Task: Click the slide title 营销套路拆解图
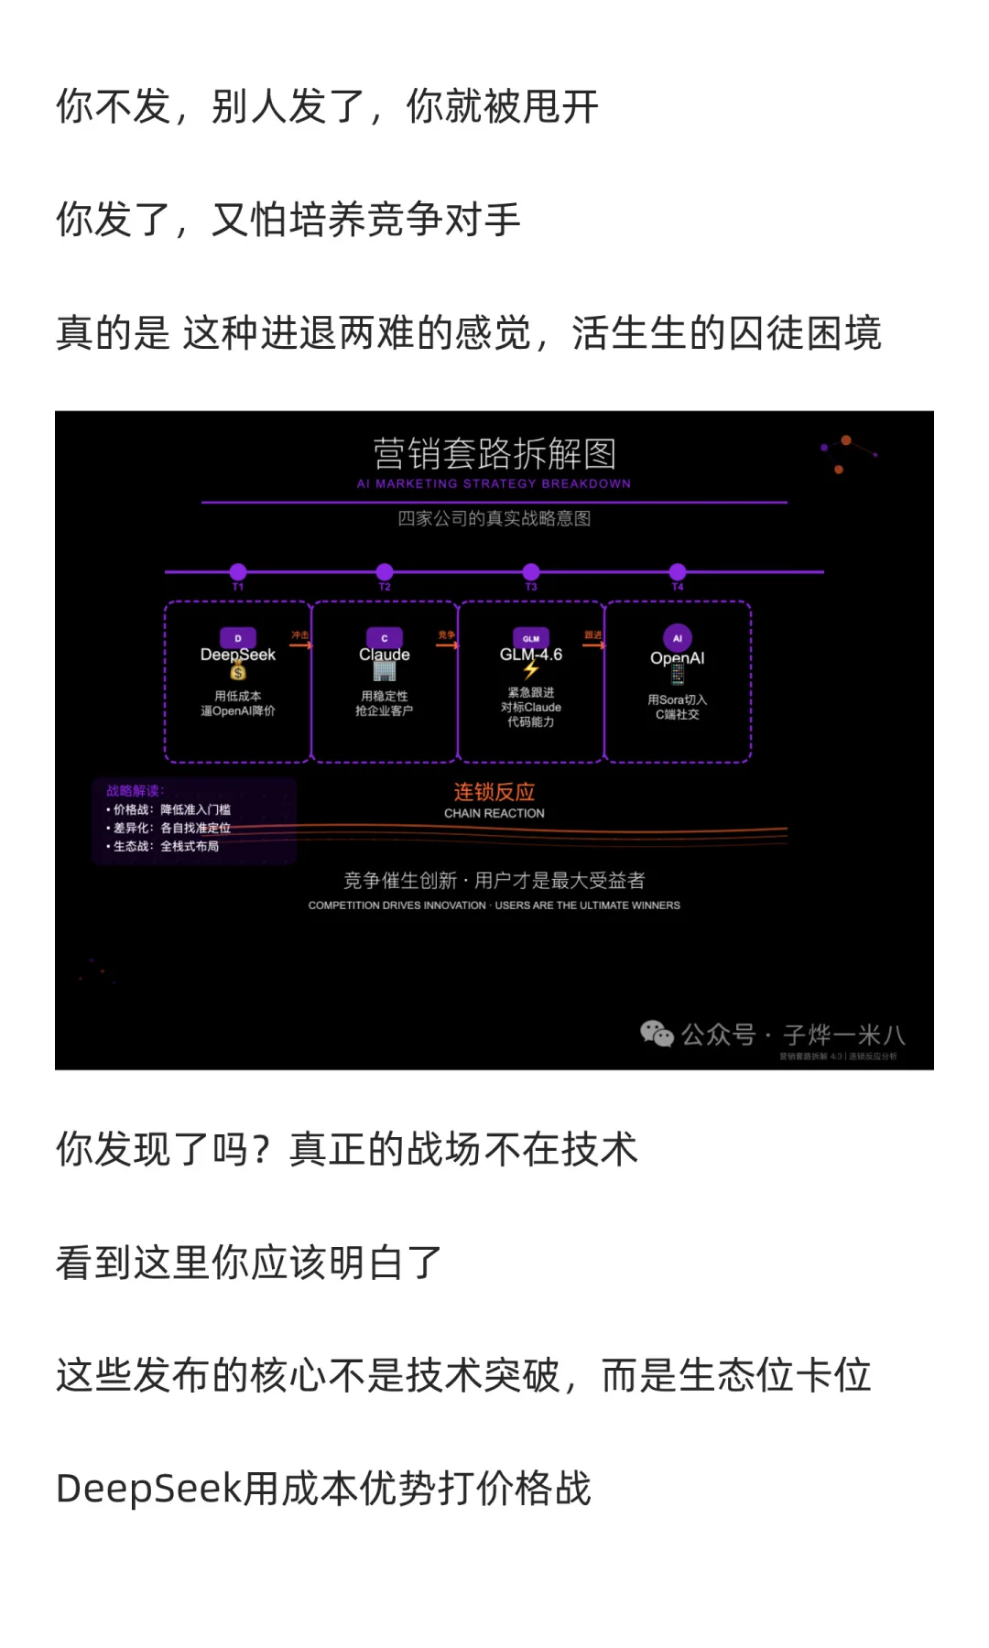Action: pyautogui.click(x=494, y=454)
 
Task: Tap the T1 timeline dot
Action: pyautogui.click(x=238, y=572)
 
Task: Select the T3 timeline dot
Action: pyautogui.click(x=531, y=572)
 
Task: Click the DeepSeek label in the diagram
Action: pyautogui.click(x=238, y=655)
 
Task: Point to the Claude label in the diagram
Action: pyautogui.click(x=385, y=655)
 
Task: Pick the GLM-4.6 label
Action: pyautogui.click(x=531, y=655)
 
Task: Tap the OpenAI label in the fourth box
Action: pyautogui.click(x=678, y=658)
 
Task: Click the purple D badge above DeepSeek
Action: pyautogui.click(x=238, y=638)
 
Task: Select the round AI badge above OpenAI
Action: pyautogui.click(x=678, y=638)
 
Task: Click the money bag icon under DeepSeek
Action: pyautogui.click(x=238, y=672)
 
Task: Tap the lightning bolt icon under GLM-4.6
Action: pyautogui.click(x=531, y=671)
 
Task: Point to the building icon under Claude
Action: pyautogui.click(x=385, y=671)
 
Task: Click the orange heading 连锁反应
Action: pyautogui.click(x=494, y=792)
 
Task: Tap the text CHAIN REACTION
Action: pyautogui.click(x=494, y=813)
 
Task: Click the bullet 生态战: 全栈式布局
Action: pyautogui.click(x=166, y=846)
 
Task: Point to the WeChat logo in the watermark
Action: pyautogui.click(x=657, y=1034)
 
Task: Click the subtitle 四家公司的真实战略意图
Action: pyautogui.click(x=494, y=518)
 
